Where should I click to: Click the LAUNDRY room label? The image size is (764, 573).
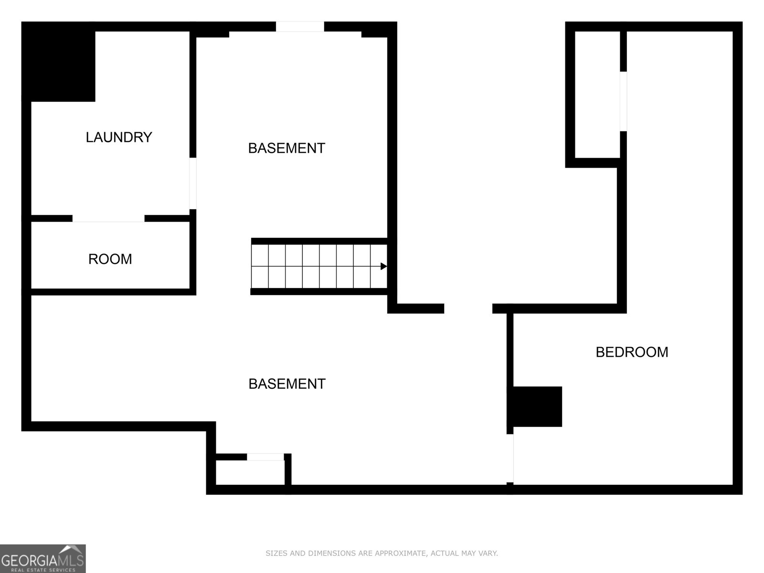point(119,137)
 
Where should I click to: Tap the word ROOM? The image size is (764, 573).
point(110,259)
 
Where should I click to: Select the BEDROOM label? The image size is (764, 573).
point(632,352)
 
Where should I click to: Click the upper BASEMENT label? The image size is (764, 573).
point(286,148)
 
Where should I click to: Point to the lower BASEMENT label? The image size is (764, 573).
point(287,384)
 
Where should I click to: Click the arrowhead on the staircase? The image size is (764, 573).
point(383,266)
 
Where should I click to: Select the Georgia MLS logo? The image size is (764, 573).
point(43,559)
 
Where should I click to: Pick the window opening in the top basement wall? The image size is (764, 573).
point(300,26)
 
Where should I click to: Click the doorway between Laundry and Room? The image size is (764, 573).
point(108,218)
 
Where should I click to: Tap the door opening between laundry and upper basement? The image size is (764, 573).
point(193,183)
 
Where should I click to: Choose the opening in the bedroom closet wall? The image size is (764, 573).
point(624,101)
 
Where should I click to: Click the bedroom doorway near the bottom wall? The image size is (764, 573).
point(510,458)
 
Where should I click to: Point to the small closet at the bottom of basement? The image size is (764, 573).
point(250,472)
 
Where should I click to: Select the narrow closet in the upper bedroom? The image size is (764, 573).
point(597,95)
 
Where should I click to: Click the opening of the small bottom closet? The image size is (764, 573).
point(265,457)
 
